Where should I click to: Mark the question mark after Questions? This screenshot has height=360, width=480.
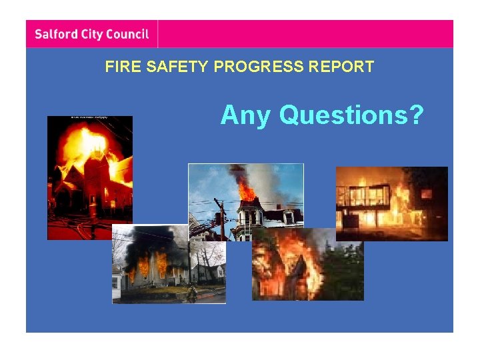pyautogui.click(x=417, y=115)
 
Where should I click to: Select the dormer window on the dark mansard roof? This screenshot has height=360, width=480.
pyautogui.click(x=289, y=217)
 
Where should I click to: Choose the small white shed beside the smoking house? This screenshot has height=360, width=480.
pyautogui.click(x=117, y=281)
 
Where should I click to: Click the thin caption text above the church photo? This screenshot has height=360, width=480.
pyautogui.click(x=89, y=117)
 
